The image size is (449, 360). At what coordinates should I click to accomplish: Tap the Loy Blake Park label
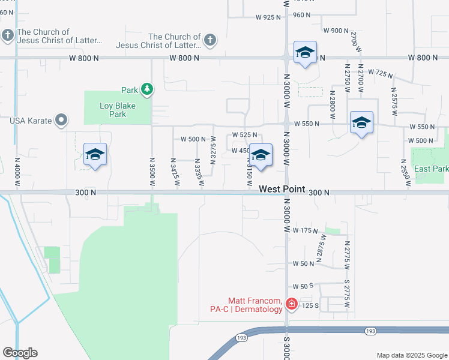118,110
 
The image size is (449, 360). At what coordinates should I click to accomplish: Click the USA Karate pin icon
61,121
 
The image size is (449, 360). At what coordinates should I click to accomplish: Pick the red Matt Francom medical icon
292,304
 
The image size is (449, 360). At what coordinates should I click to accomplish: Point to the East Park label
431,169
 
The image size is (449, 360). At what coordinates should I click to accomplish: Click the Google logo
20,353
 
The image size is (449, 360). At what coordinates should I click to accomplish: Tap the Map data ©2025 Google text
411,355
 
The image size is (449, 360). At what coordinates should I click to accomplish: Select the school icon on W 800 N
305,53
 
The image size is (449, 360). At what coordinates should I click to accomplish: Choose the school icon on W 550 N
361,122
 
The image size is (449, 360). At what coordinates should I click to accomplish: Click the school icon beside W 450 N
261,155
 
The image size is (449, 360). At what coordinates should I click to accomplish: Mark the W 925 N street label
268,17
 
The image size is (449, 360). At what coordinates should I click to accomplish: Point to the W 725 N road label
380,73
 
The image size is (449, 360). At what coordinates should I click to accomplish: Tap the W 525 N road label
244,135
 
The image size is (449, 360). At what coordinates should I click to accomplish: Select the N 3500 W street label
151,170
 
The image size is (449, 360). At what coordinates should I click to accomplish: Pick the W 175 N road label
305,230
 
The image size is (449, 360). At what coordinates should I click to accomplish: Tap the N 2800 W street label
332,101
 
